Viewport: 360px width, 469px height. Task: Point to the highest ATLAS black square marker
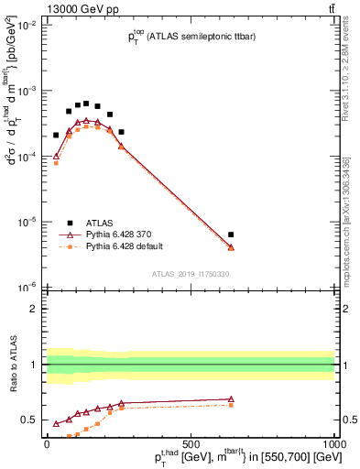click(86, 104)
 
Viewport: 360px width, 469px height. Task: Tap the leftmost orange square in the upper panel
click(56, 163)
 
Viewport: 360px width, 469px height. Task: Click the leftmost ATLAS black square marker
click(56, 135)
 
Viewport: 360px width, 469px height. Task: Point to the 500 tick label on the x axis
click(191, 443)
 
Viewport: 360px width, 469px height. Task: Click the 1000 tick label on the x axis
click(335, 443)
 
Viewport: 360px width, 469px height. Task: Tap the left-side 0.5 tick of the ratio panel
click(30, 420)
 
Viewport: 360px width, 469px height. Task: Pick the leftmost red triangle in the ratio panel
click(56, 424)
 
